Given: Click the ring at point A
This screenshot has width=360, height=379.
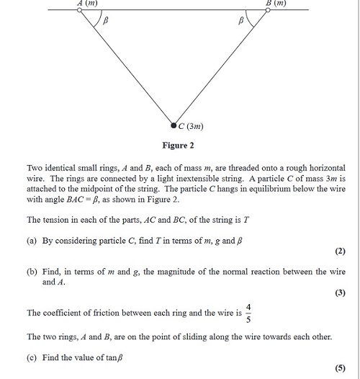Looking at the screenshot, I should tap(79, 10).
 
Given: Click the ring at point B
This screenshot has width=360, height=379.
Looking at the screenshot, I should tap(267, 10).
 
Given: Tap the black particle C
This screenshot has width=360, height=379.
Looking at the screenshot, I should tap(174, 124).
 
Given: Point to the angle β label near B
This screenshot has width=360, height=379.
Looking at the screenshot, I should tap(241, 22).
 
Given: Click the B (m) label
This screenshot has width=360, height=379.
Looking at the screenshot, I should tap(276, 3).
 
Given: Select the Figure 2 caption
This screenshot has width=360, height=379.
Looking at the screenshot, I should tap(178, 145).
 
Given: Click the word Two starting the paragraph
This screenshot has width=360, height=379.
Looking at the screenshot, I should tap(35, 166).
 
